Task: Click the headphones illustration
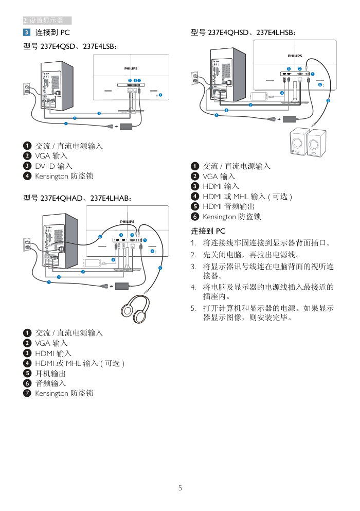tap(135, 307)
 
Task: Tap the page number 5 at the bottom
tap(180, 488)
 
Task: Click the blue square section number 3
tap(27, 32)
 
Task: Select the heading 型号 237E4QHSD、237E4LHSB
tap(243, 32)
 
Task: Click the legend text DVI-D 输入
tap(53, 166)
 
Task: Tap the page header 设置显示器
tap(46, 21)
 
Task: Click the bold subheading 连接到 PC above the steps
tap(208, 231)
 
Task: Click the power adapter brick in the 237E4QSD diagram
tap(126, 126)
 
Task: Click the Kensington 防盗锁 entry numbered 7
tap(64, 393)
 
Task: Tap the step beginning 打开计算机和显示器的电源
tap(268, 313)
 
